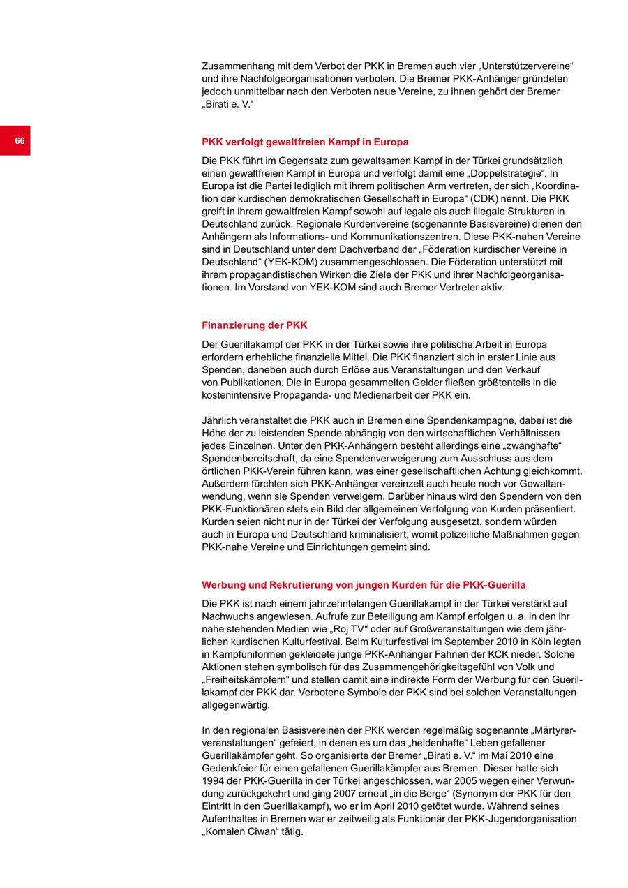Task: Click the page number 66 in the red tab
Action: point(20,141)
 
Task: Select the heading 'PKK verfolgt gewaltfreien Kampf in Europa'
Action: point(305,142)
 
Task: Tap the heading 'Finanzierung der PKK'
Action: point(254,325)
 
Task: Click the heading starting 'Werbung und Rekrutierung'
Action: point(364,585)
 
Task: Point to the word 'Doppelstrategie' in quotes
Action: point(502,173)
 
